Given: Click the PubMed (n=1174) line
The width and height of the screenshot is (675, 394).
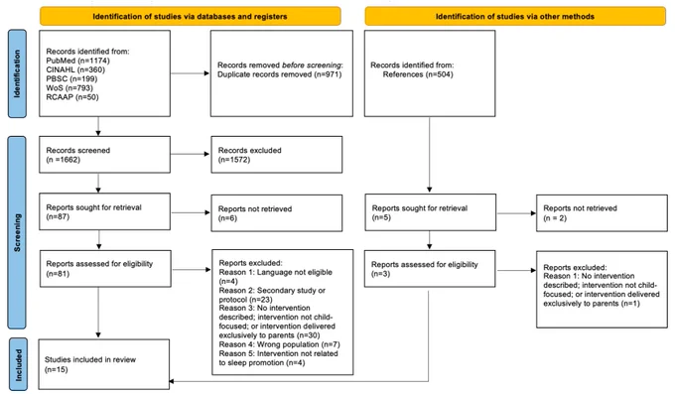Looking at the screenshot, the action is (77, 61).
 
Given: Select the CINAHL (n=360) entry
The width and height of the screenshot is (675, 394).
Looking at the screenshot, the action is (75, 69).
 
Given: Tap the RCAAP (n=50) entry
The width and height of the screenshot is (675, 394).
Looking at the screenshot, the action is (72, 97).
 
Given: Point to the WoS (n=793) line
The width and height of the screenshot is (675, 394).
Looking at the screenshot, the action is (69, 88).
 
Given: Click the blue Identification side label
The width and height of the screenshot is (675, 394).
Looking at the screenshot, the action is (17, 73).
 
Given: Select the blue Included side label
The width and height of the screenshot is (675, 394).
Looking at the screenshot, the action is (18, 364).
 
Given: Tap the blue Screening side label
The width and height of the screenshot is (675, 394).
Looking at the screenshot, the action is (17, 232).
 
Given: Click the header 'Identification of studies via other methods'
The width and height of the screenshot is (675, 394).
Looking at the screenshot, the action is (515, 16).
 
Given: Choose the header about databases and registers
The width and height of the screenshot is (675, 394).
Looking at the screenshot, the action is (190, 16).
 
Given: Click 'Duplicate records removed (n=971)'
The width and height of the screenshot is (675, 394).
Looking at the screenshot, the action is (279, 74).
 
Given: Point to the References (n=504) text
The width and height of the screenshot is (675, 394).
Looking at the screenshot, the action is (418, 74).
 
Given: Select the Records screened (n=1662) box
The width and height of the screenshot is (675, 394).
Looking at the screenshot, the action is (104, 155).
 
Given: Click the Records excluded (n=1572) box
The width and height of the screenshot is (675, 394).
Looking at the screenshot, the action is (277, 155).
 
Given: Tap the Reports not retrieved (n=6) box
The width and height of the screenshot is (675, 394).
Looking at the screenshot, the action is (277, 213).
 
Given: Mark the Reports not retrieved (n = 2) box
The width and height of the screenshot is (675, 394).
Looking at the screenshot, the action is (602, 213).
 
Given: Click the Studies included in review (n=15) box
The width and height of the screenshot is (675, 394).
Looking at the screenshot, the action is (104, 364).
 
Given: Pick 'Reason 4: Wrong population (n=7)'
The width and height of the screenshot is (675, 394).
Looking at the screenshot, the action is (279, 344).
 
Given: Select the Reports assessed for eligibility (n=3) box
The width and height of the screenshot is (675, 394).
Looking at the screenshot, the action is (430, 269).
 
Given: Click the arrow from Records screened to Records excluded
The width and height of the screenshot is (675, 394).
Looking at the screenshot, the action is (190, 154).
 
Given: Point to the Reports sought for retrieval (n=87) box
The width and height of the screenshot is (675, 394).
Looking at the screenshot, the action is (104, 211).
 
